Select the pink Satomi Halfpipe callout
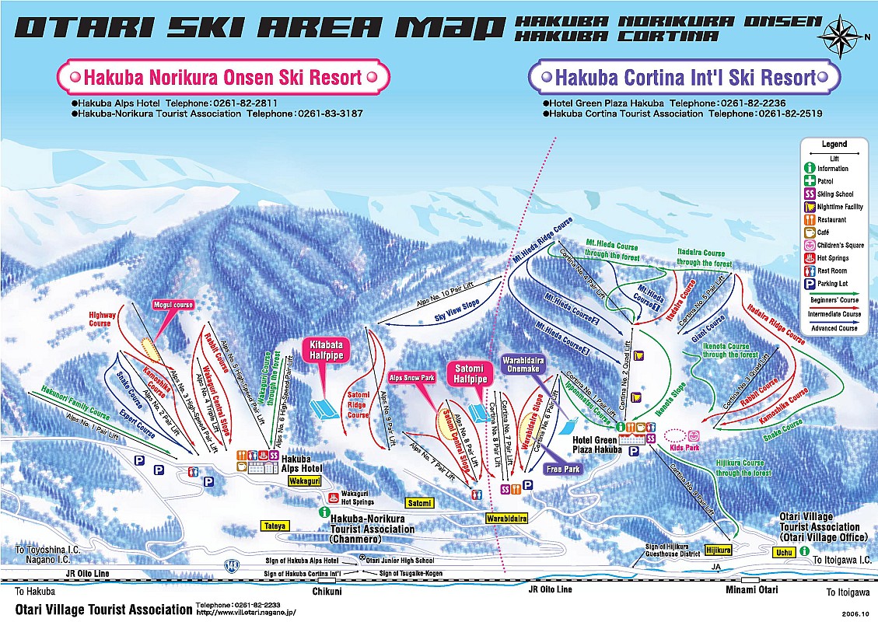point(470,372)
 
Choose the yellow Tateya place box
point(274,526)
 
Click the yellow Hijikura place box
point(719,550)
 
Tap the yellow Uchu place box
point(783,553)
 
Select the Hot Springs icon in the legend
point(810,258)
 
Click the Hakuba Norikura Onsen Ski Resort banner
point(222,77)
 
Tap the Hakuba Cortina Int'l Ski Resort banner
point(684,77)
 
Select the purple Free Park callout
point(564,469)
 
